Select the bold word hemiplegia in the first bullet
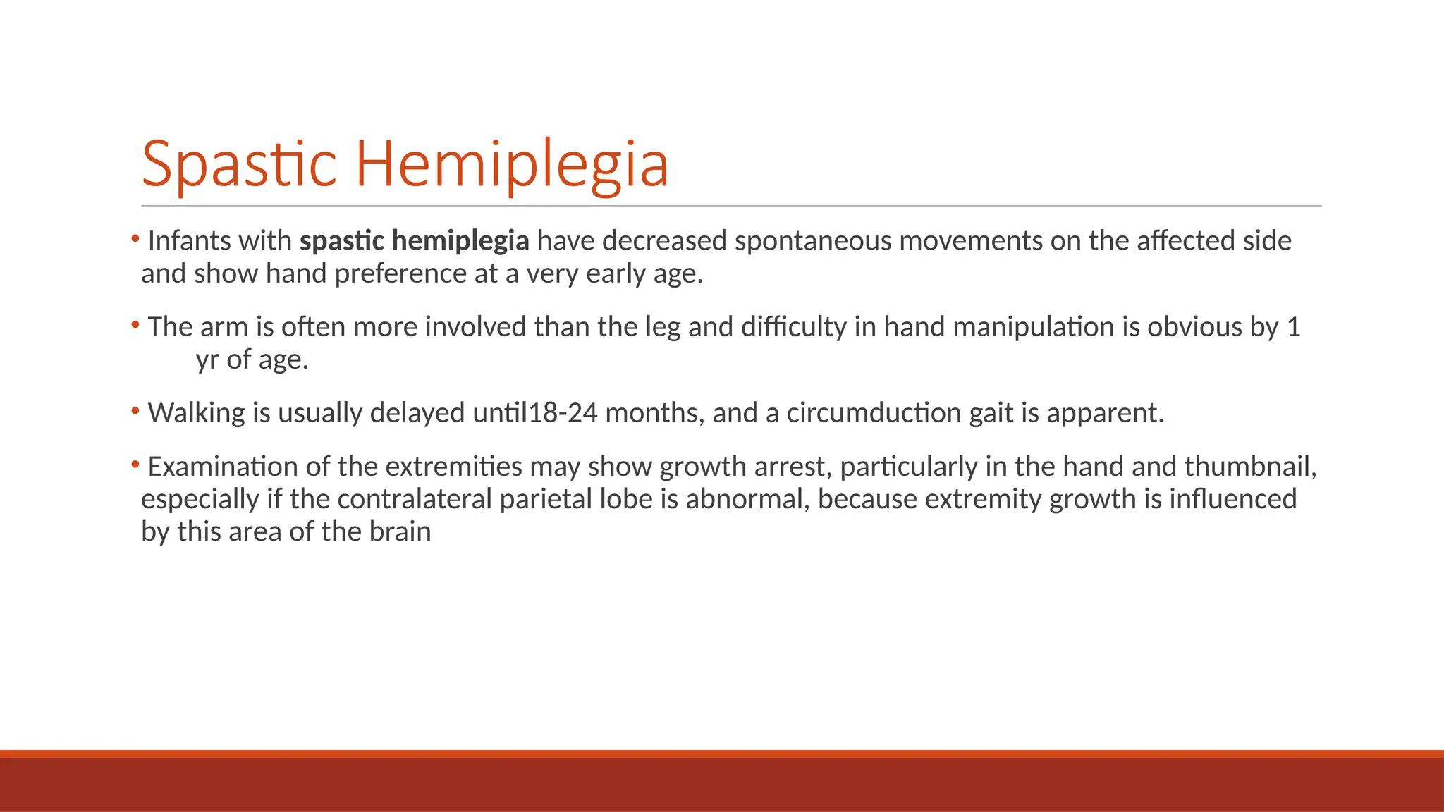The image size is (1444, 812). [x=460, y=241]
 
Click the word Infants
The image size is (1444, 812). [x=183, y=241]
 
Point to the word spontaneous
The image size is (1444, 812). [x=813, y=241]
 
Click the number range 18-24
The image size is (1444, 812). [x=563, y=413]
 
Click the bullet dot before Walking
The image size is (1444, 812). [x=135, y=410]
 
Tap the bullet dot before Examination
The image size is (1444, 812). [x=135, y=463]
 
